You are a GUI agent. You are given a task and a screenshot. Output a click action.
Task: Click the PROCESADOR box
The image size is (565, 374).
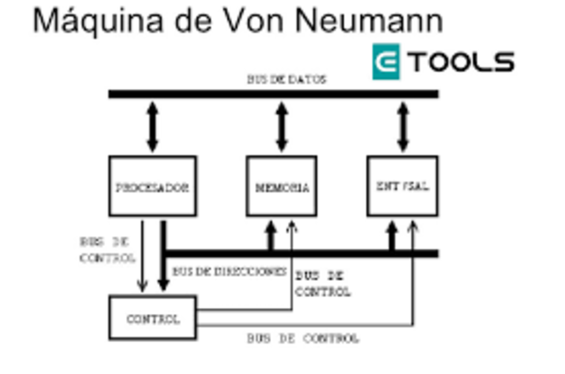[152, 186]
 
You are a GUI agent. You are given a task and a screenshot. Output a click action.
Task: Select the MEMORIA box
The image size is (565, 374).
[282, 186]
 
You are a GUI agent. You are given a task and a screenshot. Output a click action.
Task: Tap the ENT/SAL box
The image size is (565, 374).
[403, 186]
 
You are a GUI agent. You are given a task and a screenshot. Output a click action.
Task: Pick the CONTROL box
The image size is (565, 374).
[152, 318]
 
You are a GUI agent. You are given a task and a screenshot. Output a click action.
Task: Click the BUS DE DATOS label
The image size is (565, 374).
[286, 79]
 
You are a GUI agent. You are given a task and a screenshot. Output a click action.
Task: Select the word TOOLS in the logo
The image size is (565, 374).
[463, 62]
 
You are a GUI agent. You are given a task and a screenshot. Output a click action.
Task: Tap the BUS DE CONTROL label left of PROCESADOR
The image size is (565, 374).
[107, 249]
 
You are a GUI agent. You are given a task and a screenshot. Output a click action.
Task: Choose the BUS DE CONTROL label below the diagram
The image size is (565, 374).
[303, 339]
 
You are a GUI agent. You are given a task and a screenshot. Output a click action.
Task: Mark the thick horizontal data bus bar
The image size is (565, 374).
[274, 93]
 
